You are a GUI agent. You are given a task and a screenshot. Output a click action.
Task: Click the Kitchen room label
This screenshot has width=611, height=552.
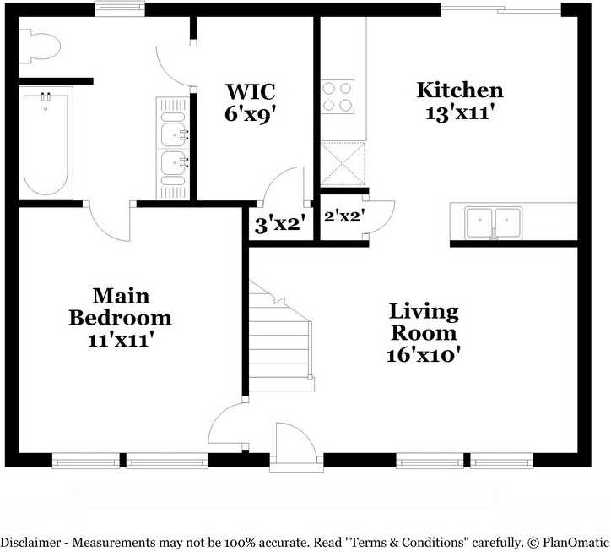(x=460, y=90)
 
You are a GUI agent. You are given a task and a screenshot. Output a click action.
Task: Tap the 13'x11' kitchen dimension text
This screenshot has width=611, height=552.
(x=460, y=112)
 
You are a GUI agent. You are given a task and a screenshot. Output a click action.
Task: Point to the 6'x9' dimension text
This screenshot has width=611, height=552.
(x=250, y=113)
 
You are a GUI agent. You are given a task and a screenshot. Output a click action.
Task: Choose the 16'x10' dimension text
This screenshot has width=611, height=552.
(x=423, y=355)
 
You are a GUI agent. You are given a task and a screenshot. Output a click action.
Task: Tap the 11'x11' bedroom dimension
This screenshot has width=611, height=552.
(x=120, y=340)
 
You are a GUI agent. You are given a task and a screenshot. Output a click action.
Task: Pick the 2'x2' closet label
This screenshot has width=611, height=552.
(x=343, y=216)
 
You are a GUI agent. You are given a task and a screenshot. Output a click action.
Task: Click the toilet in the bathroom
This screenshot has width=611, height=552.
(x=41, y=46)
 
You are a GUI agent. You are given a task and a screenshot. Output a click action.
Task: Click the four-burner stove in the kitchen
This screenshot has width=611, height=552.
(x=338, y=96)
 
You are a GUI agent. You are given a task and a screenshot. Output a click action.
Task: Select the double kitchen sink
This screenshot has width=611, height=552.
(x=495, y=222)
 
